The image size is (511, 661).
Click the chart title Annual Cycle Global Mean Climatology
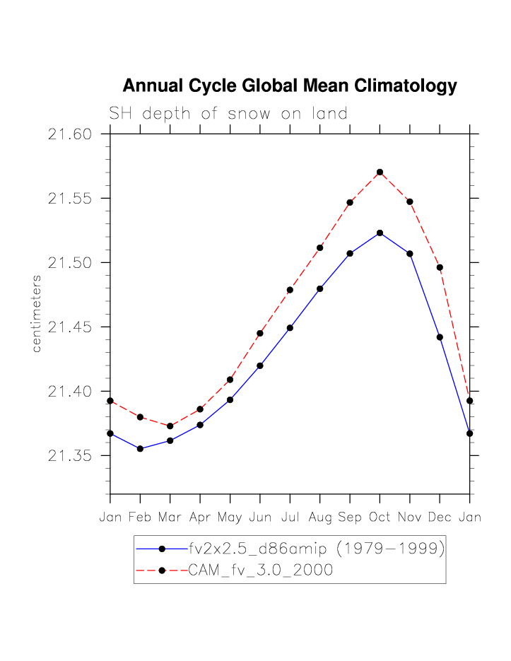(290, 86)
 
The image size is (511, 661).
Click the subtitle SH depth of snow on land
(228, 113)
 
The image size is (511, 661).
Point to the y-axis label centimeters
(36, 314)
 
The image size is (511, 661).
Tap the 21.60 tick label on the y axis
(71, 134)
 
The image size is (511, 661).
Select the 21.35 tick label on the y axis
(71, 456)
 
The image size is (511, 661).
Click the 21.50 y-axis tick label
(71, 263)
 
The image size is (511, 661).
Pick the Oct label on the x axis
(380, 517)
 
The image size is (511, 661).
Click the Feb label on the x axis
(140, 517)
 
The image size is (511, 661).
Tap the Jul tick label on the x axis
(290, 517)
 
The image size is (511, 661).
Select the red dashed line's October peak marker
(380, 172)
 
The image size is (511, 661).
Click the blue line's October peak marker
(380, 233)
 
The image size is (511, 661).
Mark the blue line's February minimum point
(140, 449)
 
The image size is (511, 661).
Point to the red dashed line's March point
(170, 426)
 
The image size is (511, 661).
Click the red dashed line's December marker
(440, 267)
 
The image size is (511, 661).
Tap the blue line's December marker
(440, 337)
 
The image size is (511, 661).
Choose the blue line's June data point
(260, 365)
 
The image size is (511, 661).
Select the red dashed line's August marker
(320, 247)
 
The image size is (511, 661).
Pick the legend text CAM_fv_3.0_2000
(260, 571)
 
